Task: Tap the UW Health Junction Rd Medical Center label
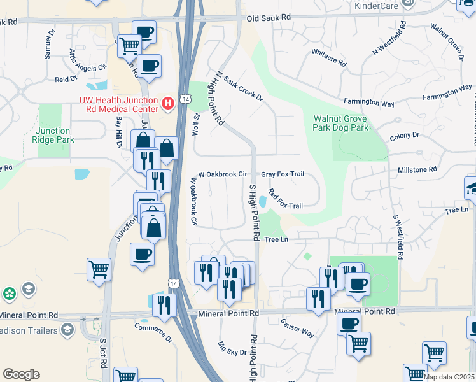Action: click(x=118, y=104)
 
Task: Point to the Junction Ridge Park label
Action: click(x=53, y=135)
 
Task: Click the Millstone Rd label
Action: click(x=417, y=170)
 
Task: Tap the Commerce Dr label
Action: click(x=153, y=332)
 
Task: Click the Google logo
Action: click(x=21, y=374)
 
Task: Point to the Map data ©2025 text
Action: click(x=449, y=377)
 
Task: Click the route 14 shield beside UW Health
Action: click(x=185, y=99)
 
